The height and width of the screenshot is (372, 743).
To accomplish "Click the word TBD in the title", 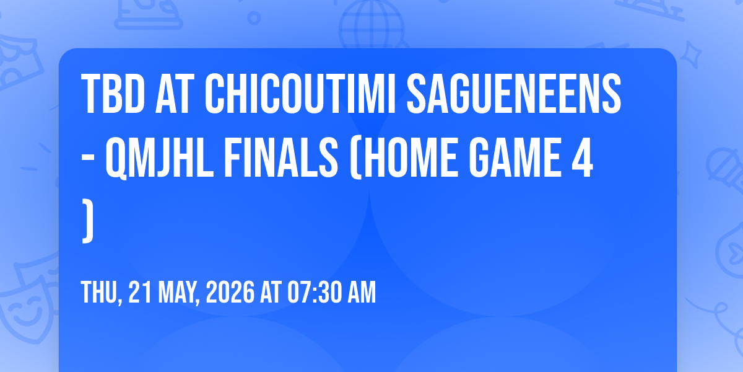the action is coord(113,94).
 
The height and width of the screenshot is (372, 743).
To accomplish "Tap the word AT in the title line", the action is coord(175,94).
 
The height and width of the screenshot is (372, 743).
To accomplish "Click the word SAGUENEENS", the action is coord(514,94).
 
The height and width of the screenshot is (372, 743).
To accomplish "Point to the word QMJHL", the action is coord(160,158).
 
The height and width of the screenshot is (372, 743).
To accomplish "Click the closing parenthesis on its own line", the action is coord(88,221).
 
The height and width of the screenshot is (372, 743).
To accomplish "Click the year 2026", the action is coord(230,292).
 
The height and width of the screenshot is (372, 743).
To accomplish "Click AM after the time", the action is coord(362,292).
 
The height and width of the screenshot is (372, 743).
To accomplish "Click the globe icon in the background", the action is coord(371,25).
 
